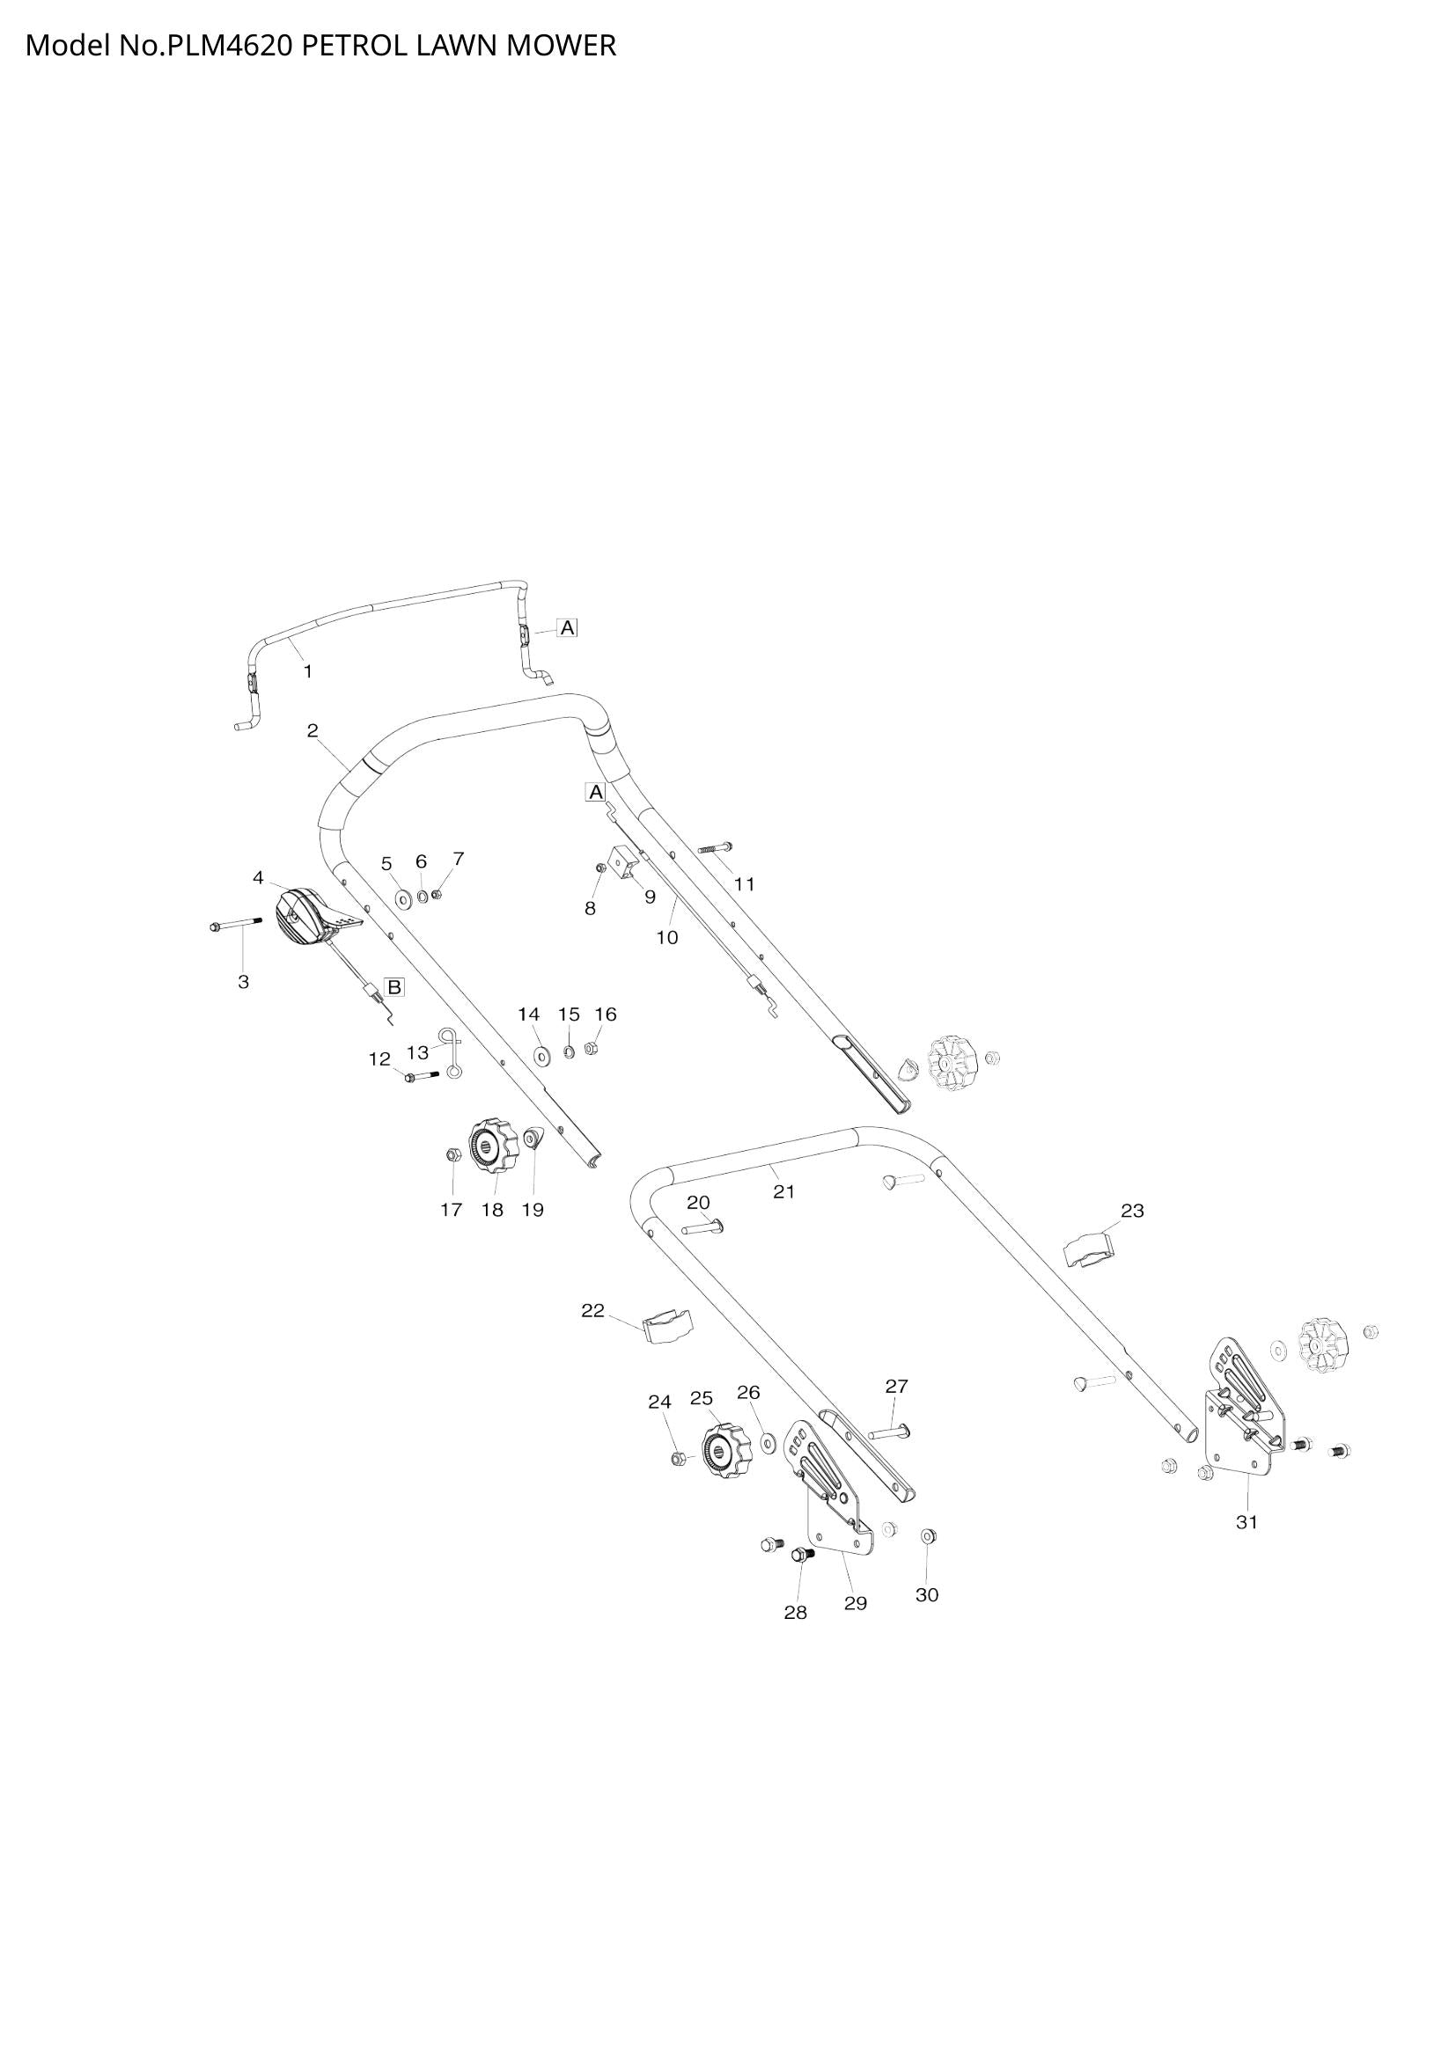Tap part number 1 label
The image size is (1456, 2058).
coord(307,671)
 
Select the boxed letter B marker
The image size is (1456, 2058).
coord(393,988)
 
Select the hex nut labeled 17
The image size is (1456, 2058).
coord(452,1154)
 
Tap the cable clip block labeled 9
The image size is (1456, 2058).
coord(626,862)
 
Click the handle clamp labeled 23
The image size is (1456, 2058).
coord(1087,1249)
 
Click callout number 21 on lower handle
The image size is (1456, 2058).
coord(783,1191)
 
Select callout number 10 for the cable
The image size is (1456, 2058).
coord(667,938)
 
